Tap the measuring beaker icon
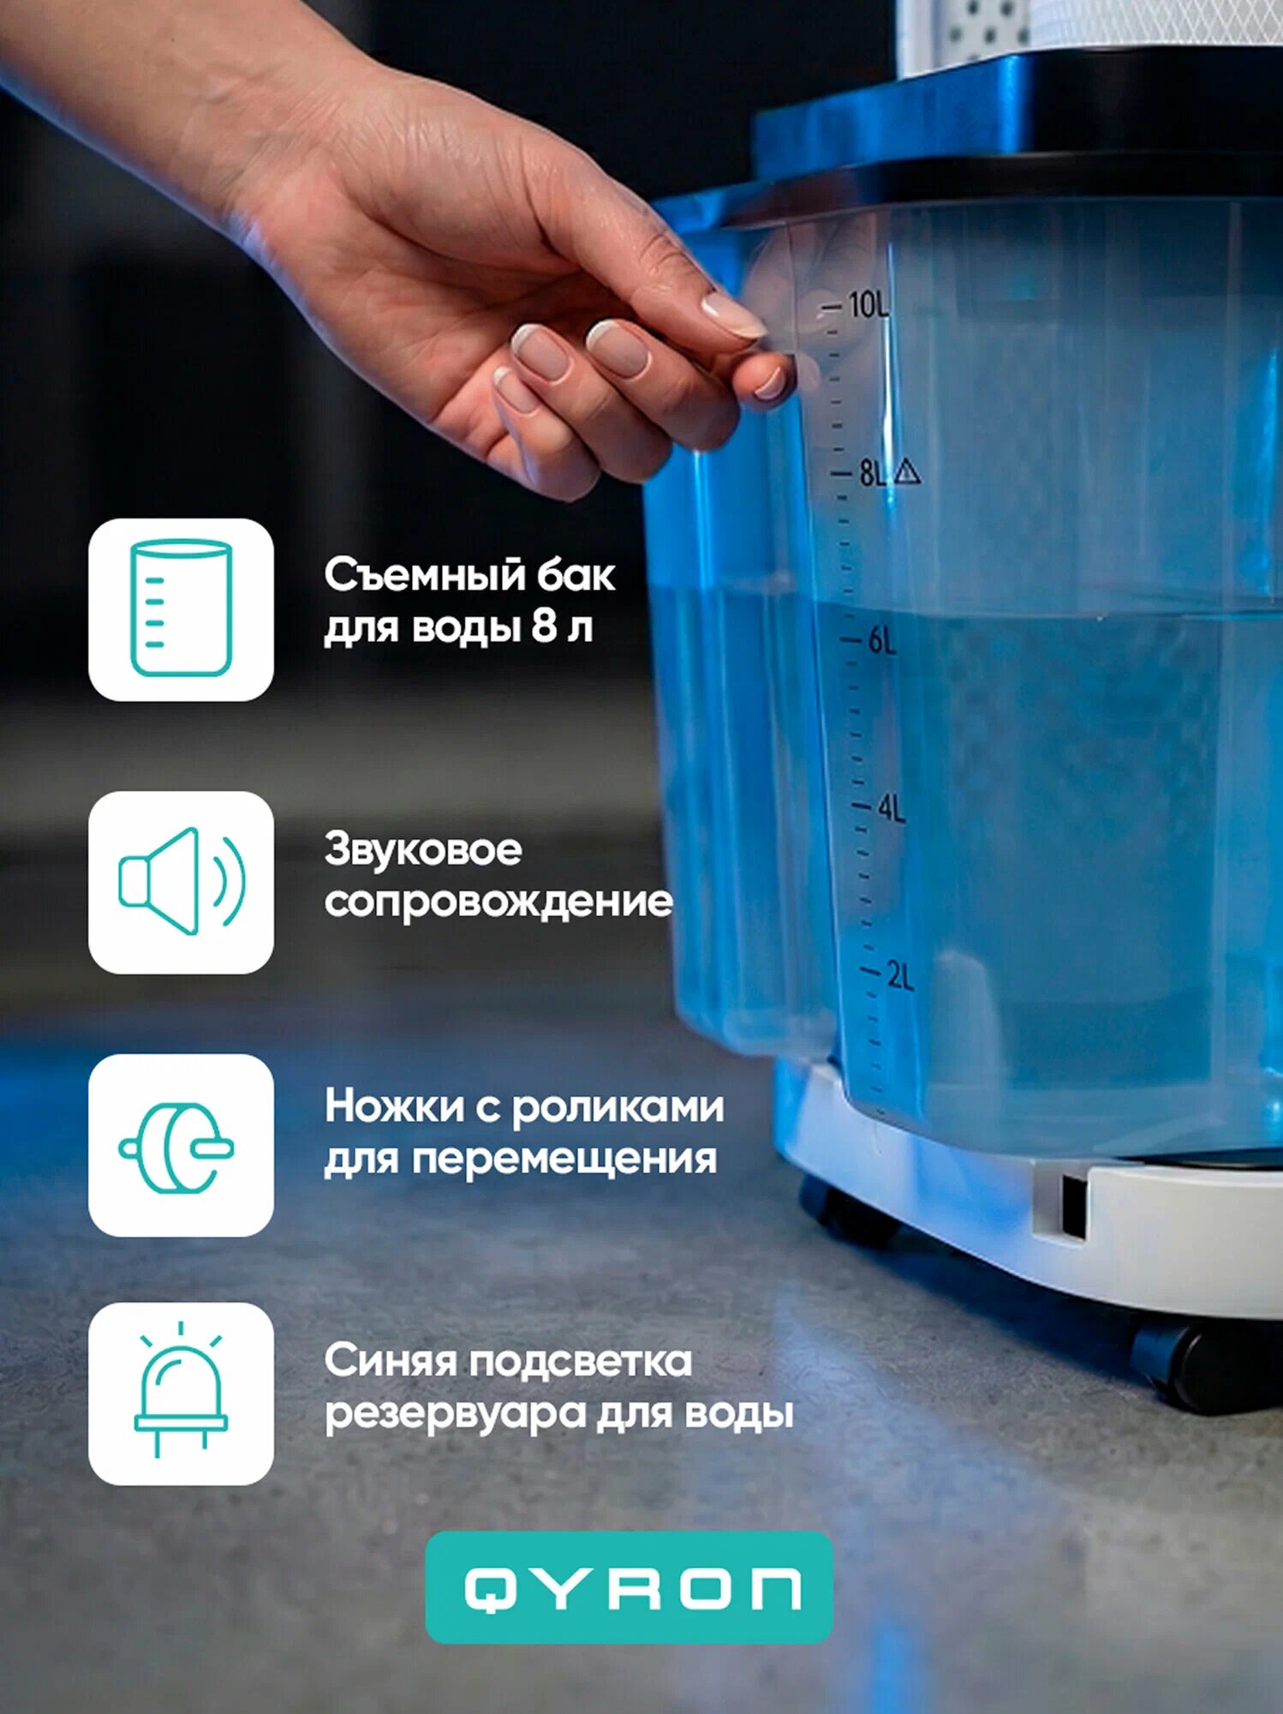pyautogui.click(x=181, y=608)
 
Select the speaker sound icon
pyautogui.click(x=182, y=881)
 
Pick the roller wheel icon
pyautogui.click(x=177, y=1148)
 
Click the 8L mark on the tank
pyautogui.click(x=873, y=472)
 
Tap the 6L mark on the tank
pyautogui.click(x=882, y=640)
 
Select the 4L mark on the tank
pyautogui.click(x=891, y=808)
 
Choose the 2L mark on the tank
pyautogui.click(x=900, y=976)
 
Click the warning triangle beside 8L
pyautogui.click(x=906, y=470)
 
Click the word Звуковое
pyautogui.click(x=423, y=851)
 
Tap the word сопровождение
pyautogui.click(x=498, y=902)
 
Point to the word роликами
pyautogui.click(x=618, y=1107)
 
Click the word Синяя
pyautogui.click(x=390, y=1361)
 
